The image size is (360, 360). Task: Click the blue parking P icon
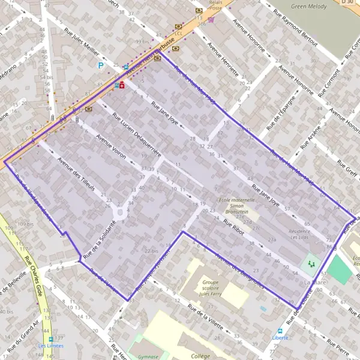pyautogui.click(x=101, y=65)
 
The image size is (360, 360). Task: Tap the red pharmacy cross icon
pyautogui.click(x=122, y=86)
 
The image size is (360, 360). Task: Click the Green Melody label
pyautogui.click(x=308, y=7)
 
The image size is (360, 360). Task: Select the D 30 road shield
pyautogui.click(x=347, y=2)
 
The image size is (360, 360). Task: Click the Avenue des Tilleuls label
pyautogui.click(x=76, y=174)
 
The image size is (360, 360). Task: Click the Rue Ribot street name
pyautogui.click(x=235, y=229)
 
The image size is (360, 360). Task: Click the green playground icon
pyautogui.click(x=311, y=263)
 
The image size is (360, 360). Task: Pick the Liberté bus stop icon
pyautogui.click(x=280, y=331)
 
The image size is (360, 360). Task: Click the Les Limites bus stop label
pyautogui.click(x=50, y=346)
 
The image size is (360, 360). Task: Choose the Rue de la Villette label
pyautogui.click(x=205, y=317)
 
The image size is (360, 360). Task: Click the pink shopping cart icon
pyautogui.click(x=211, y=19)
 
